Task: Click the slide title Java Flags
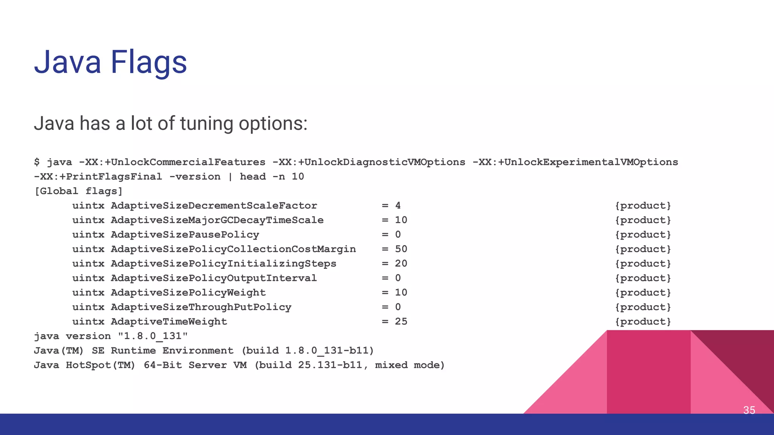110,62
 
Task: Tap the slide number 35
749,410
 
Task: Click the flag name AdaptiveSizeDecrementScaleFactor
214,206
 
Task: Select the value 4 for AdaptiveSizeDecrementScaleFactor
398,206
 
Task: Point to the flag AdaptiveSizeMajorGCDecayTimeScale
217,220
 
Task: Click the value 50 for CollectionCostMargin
401,249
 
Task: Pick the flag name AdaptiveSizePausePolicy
185,235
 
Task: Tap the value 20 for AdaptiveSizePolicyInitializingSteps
401,264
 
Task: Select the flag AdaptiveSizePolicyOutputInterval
214,278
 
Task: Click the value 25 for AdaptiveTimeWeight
401,322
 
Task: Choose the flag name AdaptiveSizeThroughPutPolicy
201,307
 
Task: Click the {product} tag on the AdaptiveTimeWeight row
643,322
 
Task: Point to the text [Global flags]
79,191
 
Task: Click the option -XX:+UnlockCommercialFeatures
172,162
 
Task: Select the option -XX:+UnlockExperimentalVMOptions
575,162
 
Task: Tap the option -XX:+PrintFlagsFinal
98,177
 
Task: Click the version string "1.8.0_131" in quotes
153,336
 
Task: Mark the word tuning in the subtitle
207,124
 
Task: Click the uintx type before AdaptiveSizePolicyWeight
88,293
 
